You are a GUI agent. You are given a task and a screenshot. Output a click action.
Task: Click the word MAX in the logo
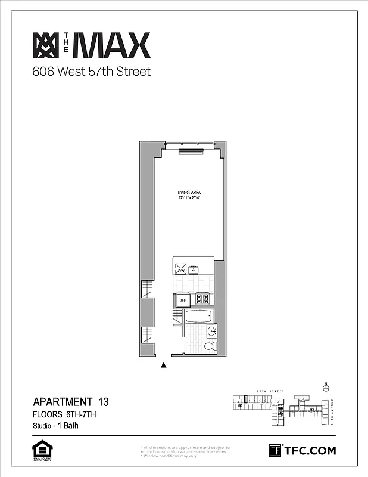(113, 46)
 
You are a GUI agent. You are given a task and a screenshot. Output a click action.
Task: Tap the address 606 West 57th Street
(91, 72)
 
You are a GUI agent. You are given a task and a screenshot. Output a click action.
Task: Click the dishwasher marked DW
(181, 270)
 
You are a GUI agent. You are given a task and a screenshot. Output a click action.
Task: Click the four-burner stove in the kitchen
(203, 298)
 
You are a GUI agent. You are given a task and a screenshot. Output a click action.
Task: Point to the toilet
(210, 346)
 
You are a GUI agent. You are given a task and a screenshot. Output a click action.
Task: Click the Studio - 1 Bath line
(55, 426)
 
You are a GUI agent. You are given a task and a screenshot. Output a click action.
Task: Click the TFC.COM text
(310, 450)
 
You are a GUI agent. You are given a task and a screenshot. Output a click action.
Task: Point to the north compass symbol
(325, 387)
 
